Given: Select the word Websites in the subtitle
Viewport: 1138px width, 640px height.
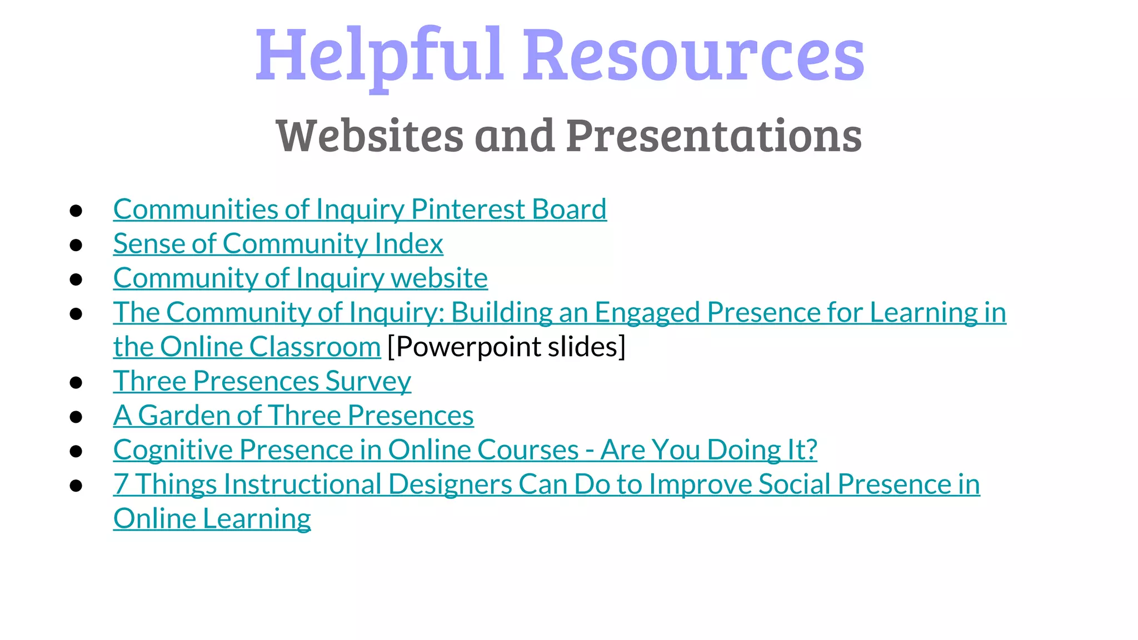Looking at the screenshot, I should click(x=370, y=136).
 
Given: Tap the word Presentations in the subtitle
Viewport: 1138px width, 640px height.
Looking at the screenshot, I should click(x=714, y=136).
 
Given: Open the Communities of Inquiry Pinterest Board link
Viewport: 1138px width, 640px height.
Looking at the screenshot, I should click(x=360, y=209).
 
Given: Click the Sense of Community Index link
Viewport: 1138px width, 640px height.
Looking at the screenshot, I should click(x=278, y=244).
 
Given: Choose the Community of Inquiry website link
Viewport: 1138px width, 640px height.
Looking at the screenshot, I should click(x=300, y=278).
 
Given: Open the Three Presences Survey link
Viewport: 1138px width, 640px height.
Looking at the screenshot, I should click(x=262, y=382).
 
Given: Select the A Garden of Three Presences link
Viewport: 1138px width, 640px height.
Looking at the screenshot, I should click(x=293, y=416).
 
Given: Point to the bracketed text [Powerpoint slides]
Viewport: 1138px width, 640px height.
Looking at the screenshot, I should click(x=506, y=347).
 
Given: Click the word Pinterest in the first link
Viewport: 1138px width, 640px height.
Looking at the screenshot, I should click(x=468, y=209).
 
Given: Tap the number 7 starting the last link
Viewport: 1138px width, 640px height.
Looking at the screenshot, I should click(x=121, y=484).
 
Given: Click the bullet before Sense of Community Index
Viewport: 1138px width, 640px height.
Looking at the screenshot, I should click(x=76, y=245).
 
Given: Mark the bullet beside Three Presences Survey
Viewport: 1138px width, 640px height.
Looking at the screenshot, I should click(x=76, y=383).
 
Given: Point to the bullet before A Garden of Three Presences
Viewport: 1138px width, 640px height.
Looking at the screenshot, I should click(x=76, y=417).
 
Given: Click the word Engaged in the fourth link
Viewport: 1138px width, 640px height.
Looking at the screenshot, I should click(x=647, y=313).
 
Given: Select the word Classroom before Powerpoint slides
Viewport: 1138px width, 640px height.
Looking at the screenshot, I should click(x=315, y=347).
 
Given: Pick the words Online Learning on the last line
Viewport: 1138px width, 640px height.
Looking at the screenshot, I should click(x=212, y=519).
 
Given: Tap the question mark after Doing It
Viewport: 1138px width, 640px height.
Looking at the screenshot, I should click(x=810, y=450).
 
